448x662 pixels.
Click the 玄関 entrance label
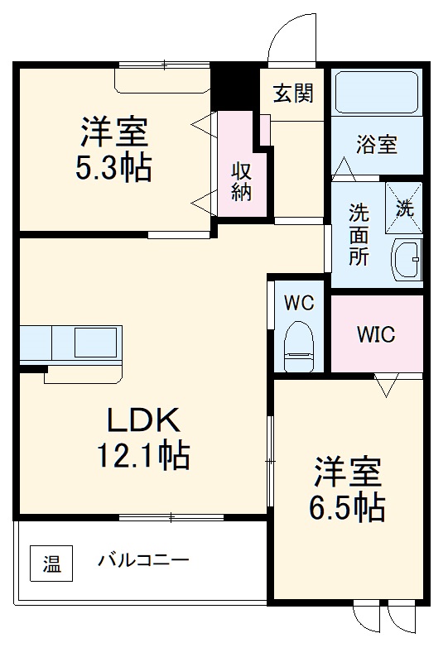294,94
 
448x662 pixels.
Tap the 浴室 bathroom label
377,145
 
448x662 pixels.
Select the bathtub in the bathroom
377,94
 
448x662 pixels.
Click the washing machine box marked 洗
404,207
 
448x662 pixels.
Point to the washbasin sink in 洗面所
407,258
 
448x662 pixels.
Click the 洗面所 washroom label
358,233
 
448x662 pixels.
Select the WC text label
299,303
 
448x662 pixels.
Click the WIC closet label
376,335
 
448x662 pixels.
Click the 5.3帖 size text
114,168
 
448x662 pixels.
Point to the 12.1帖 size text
142,454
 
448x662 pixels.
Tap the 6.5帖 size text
348,507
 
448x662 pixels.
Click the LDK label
142,420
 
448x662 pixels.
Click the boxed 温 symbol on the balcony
51,565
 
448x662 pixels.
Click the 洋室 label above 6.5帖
348,473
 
